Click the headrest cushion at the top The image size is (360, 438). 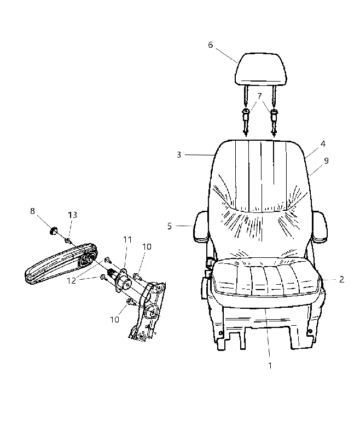pyautogui.click(x=261, y=69)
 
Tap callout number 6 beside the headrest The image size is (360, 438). pyautogui.click(x=211, y=45)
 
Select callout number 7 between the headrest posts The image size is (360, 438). pyautogui.click(x=259, y=96)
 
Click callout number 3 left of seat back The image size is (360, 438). pyautogui.click(x=179, y=155)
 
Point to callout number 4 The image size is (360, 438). pyautogui.click(x=323, y=144)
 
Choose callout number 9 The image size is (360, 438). pyautogui.click(x=326, y=161)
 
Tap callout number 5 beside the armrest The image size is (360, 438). pyautogui.click(x=170, y=226)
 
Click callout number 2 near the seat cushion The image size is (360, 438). pyautogui.click(x=341, y=279)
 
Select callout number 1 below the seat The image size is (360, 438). pyautogui.click(x=270, y=365)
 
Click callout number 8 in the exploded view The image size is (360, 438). pyautogui.click(x=32, y=211)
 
